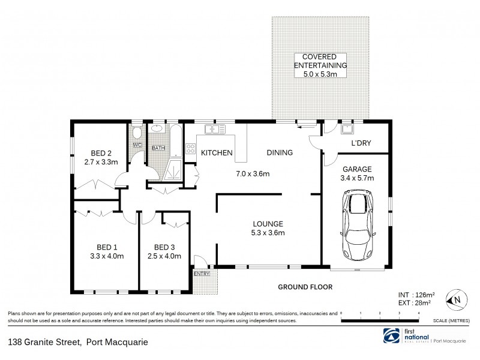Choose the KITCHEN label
point(216,153)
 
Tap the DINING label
point(280,153)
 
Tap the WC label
point(136,145)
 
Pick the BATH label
point(158,148)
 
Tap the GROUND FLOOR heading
point(305,287)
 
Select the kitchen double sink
point(214,128)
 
